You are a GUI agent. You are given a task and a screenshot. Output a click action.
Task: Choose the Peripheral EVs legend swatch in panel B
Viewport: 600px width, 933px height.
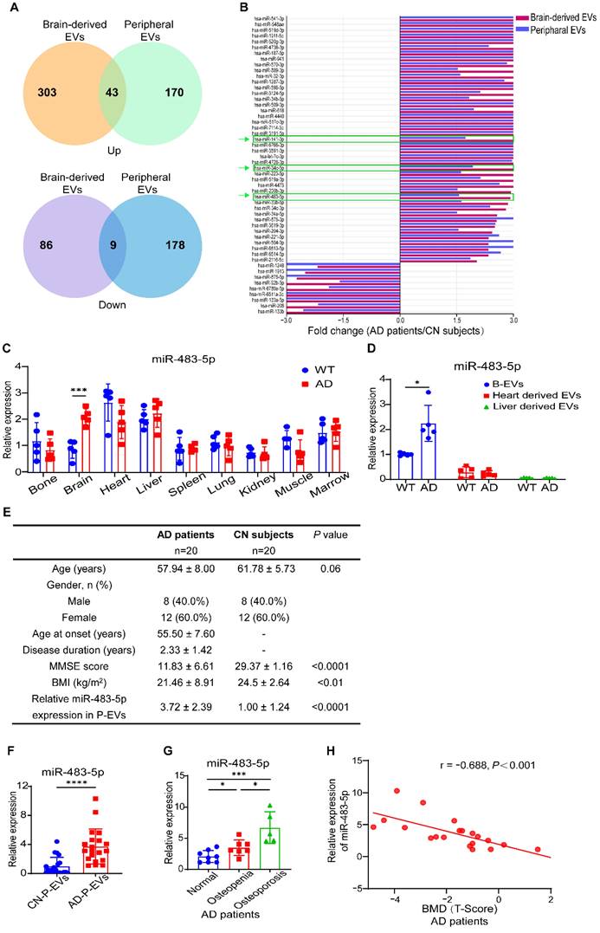pyautogui.click(x=529, y=29)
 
